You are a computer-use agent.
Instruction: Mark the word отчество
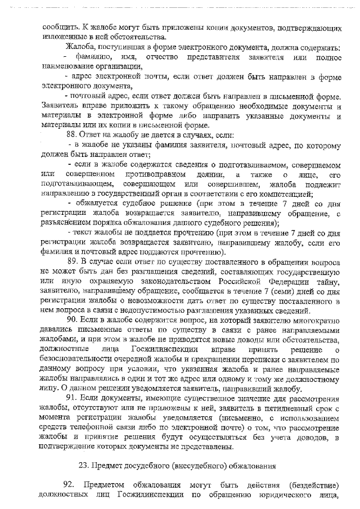coord(161,58)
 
